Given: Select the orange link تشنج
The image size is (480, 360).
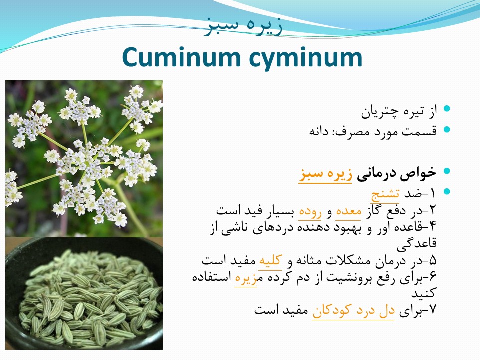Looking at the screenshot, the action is tap(385, 195).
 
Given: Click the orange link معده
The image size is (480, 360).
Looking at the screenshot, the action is tap(348, 211).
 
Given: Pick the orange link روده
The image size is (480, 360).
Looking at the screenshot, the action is tap(310, 212).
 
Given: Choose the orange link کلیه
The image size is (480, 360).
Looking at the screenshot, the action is tap(270, 260).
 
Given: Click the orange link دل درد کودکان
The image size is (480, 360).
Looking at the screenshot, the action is tap(353, 311).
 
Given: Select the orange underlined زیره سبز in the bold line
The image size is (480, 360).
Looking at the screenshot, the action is tap(325, 174).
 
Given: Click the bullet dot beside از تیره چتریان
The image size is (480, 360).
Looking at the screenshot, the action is tap(447, 108).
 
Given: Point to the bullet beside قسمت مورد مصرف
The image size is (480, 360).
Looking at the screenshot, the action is tap(447, 129).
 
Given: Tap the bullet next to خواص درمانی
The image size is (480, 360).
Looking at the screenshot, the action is tap(447, 171).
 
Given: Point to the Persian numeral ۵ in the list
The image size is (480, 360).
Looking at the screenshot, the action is tap(432, 261).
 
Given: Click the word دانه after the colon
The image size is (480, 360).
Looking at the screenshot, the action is tap(318, 132).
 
